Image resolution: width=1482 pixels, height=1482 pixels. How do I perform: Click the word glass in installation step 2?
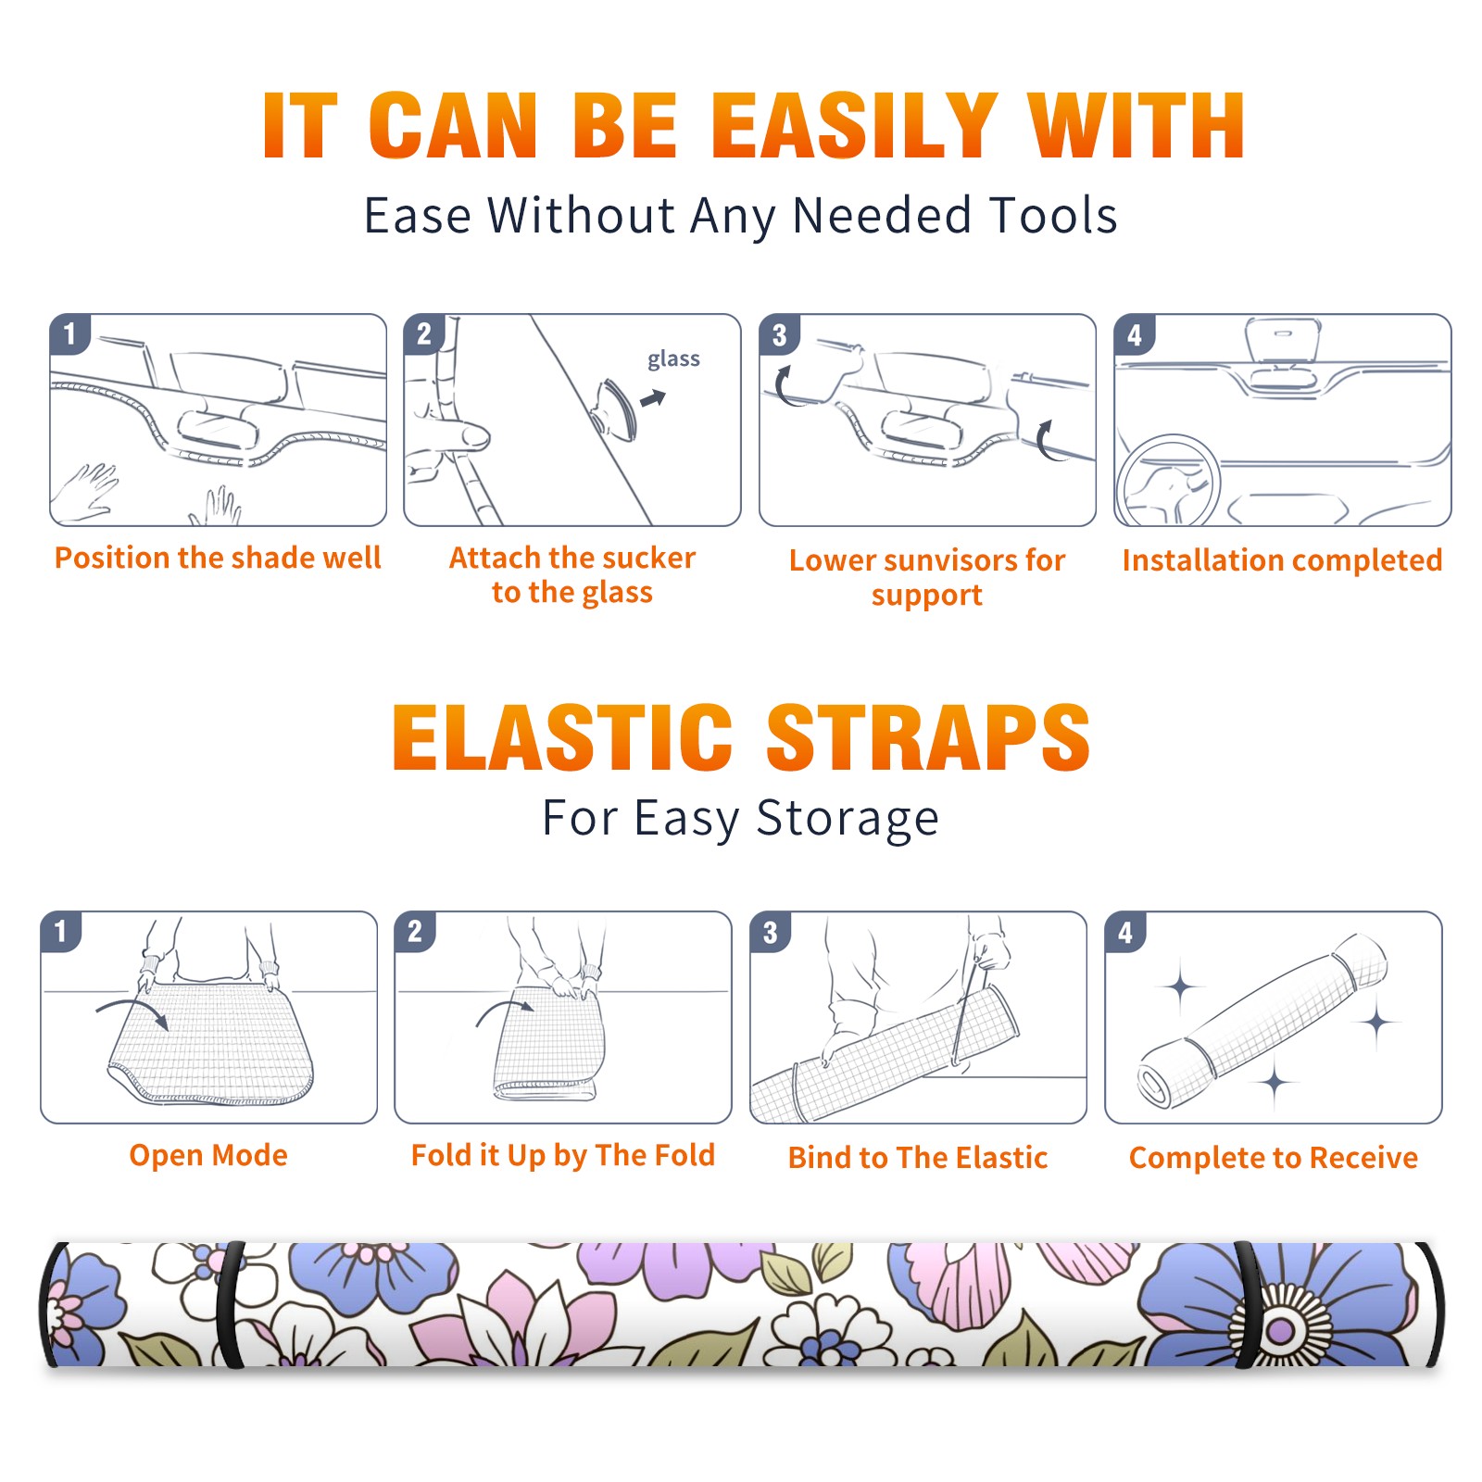[673, 359]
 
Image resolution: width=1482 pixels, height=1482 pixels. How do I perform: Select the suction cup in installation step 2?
[615, 408]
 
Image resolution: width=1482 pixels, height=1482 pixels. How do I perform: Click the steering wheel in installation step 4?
[1167, 482]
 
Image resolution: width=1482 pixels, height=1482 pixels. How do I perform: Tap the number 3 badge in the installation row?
[779, 334]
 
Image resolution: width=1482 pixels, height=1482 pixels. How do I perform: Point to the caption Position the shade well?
[218, 558]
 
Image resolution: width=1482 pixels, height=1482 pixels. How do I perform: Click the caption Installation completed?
[1282, 560]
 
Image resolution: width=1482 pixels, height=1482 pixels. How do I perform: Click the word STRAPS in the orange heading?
[928, 737]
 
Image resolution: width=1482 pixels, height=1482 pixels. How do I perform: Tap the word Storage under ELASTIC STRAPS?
[848, 819]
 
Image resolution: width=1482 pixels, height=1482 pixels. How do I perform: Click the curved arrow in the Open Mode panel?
[132, 1010]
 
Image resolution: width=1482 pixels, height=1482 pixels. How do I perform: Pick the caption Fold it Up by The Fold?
[563, 1156]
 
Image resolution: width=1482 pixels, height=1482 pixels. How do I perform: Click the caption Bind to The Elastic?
[918, 1158]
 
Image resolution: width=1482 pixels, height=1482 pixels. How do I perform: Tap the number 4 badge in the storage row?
[1125, 932]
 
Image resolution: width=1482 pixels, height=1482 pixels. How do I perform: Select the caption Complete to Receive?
[1274, 1158]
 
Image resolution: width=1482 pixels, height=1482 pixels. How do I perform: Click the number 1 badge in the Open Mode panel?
[61, 931]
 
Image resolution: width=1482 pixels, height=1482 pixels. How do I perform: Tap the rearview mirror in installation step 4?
[1283, 342]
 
